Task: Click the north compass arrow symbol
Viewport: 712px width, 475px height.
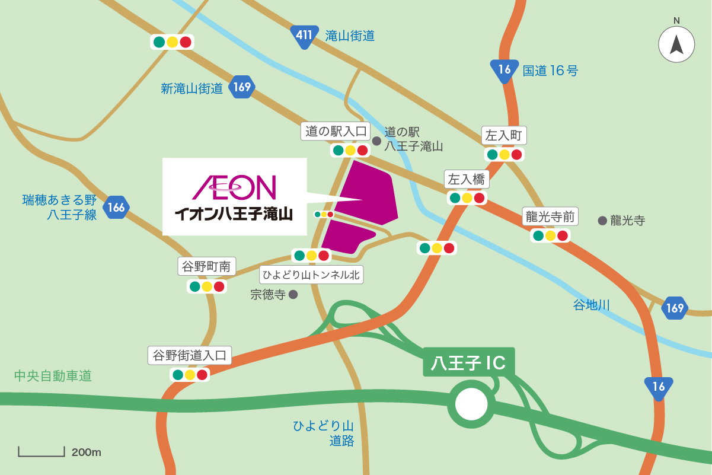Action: coord(676,44)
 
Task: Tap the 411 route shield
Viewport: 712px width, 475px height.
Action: coord(304,36)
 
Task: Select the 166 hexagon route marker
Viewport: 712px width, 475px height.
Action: coord(116,208)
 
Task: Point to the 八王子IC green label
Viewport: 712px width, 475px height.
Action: coord(468,362)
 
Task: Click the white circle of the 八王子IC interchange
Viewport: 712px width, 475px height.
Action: coord(471,404)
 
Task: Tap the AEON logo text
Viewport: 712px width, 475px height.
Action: coord(234,187)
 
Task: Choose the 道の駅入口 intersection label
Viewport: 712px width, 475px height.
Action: coord(336,131)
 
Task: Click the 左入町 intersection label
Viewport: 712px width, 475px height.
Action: coord(503,136)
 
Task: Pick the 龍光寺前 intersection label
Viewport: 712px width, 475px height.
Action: coord(551,216)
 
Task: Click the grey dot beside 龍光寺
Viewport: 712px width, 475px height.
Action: coord(602,221)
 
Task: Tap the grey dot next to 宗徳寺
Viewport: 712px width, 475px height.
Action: coord(293,294)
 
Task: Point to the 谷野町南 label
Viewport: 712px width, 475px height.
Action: coord(207,267)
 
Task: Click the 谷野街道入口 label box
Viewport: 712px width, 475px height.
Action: coord(190,356)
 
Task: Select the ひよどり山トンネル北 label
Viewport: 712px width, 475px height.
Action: coord(311,274)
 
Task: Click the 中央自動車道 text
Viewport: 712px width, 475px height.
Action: coord(53,376)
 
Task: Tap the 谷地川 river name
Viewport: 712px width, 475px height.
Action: coord(591,305)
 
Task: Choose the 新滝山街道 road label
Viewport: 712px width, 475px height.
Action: coord(192,88)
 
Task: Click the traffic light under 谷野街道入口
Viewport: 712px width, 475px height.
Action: coord(190,375)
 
